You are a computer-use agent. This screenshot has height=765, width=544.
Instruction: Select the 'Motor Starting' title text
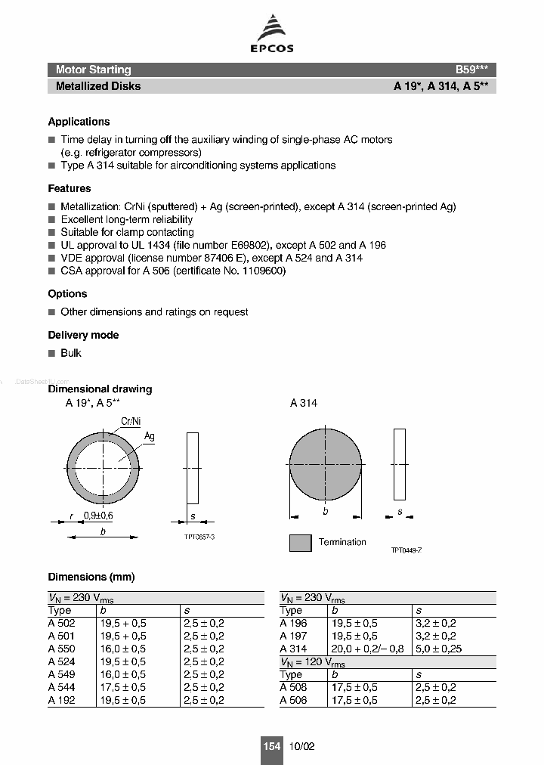pos(93,70)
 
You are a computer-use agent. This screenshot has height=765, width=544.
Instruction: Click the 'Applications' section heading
pos(79,122)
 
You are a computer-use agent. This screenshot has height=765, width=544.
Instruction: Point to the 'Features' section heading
pos(70,188)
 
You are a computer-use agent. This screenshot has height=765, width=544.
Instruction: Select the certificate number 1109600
pos(261,271)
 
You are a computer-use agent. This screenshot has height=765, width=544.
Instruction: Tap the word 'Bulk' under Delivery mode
pos(71,353)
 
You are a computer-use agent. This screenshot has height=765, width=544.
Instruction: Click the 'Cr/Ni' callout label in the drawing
pos(131,422)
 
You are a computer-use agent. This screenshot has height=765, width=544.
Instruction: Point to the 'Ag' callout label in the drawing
pos(149,436)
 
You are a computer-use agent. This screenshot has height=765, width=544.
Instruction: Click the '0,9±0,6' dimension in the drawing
pos(98,515)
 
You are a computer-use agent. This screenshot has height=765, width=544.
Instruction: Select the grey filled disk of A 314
pos(326,463)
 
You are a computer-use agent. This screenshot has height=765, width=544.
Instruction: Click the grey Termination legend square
pos(300,543)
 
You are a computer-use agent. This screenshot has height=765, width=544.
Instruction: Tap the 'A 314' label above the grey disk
pos(304,403)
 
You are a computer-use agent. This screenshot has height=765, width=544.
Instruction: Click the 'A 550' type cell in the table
pos(61,649)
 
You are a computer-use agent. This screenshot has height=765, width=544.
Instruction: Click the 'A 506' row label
pos(293,700)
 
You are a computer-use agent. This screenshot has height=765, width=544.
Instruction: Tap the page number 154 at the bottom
pos(272,746)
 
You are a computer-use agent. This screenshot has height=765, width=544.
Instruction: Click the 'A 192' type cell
pos(61,700)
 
